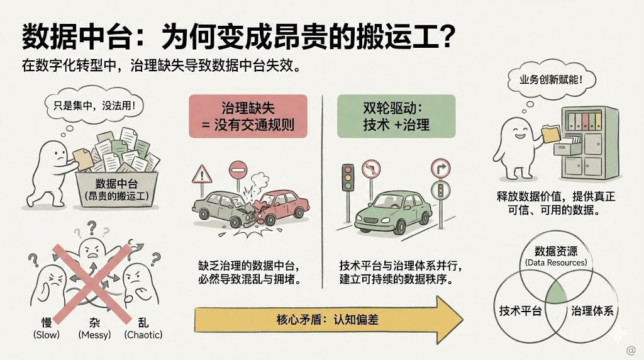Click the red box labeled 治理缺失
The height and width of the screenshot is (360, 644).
tap(248, 116)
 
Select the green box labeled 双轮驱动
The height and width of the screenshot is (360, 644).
tap(396, 116)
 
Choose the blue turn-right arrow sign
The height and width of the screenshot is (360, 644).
tap(440, 169)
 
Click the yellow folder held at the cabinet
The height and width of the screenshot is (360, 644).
tap(549, 132)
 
